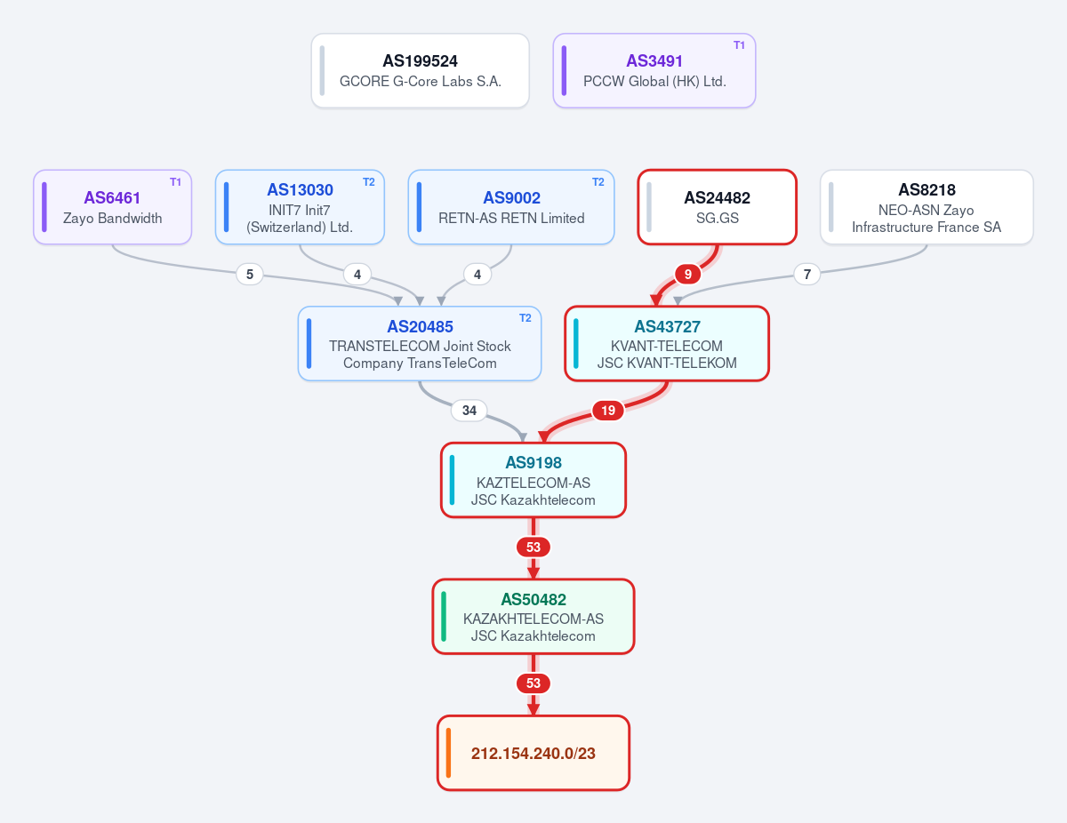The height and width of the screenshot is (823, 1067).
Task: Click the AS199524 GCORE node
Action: coord(420,71)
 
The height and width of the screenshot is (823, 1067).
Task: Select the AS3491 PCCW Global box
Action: coord(654,71)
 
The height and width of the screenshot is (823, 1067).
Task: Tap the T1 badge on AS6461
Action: coord(175,182)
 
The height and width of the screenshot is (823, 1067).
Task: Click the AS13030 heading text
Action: coord(300,190)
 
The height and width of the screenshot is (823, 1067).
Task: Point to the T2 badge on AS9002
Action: coord(598,182)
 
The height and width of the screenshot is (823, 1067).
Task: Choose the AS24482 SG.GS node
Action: coord(717,207)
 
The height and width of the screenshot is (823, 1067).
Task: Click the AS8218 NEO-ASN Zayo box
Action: coord(927,207)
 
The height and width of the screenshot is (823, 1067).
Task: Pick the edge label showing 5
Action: coord(250,275)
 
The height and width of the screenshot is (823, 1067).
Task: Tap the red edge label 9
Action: coord(688,275)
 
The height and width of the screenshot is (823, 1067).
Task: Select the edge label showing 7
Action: coord(806,275)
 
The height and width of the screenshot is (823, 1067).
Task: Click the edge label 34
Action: coord(469,411)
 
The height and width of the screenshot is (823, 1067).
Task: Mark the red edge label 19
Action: coord(608,411)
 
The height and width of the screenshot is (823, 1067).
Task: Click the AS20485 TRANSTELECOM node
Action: coord(420,344)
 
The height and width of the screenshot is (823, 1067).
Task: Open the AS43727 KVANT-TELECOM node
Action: coord(667,344)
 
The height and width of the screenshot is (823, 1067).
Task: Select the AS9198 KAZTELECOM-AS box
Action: coord(533,480)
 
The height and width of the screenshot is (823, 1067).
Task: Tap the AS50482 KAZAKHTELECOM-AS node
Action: coord(533,617)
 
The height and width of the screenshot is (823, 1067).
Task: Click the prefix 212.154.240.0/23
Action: coord(533,753)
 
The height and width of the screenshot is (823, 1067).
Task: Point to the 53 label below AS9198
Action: coord(533,547)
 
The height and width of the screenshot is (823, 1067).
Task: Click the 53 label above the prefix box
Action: coord(533,683)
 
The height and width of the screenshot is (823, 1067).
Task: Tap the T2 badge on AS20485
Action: coord(525,318)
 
